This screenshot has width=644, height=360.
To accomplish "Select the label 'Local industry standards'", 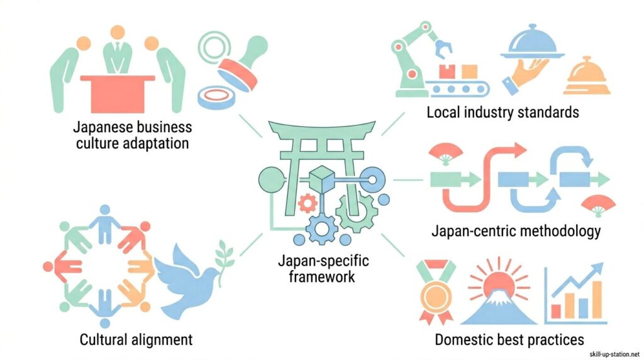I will tap(502, 113).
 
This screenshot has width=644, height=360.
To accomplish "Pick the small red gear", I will tap(306, 203).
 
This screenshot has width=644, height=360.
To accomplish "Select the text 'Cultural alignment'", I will tap(136, 340).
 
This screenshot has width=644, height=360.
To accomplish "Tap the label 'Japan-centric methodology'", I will tap(516, 231).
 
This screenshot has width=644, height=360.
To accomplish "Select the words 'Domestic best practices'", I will tap(509, 340).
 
